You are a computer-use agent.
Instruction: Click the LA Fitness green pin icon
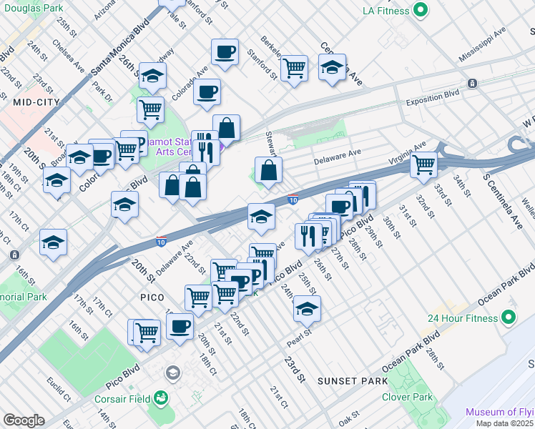[x=421, y=11]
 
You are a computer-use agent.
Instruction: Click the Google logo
[x=24, y=420]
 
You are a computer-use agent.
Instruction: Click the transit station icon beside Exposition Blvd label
[x=472, y=84]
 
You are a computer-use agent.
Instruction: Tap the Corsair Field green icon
[x=161, y=397]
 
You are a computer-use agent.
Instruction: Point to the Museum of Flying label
[x=499, y=412]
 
